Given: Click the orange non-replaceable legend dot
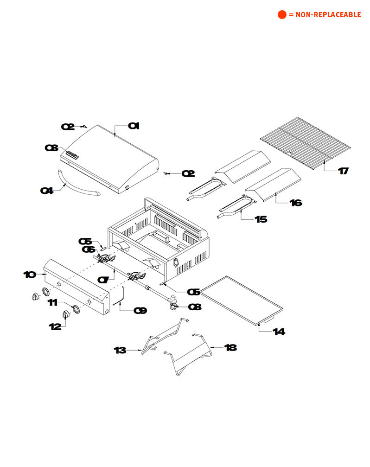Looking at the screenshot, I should coord(282,15).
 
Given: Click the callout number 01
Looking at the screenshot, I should coord(134,126).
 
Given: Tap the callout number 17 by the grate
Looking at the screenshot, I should coord(343,171).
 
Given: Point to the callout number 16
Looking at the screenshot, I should coord(296,203).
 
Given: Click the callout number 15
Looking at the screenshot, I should coord(261,219).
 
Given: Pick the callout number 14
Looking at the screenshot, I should coord(279,332).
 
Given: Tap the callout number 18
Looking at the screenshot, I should coord(230,347).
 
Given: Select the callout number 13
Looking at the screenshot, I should coord(120,351).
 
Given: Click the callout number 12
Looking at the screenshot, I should coord(55,326).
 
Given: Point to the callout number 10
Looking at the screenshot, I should coord(30,275).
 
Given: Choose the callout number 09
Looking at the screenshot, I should coord(140,311).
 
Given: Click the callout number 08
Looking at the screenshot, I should coord(195,307).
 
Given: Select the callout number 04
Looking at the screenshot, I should coord(47,190).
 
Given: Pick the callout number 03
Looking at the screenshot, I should coord(51,148).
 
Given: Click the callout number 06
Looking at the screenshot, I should coord(88,249).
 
